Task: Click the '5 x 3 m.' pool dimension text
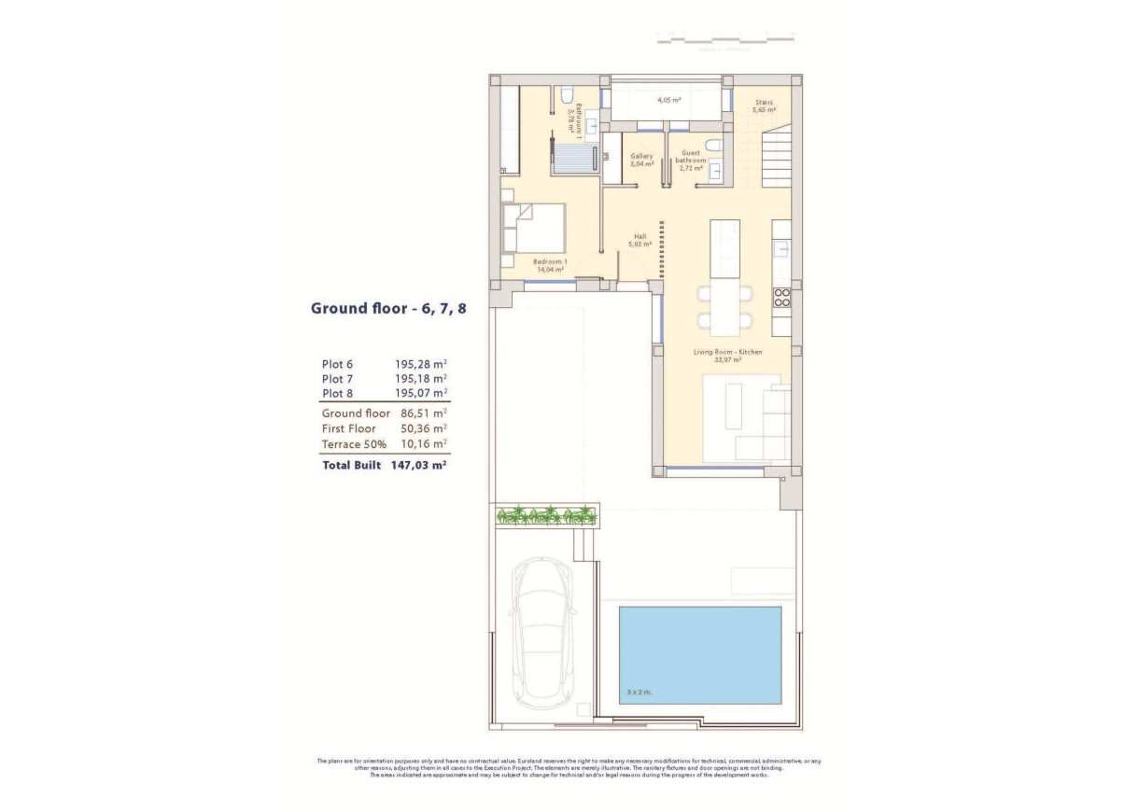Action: point(640,692)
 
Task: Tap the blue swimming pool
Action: point(699,654)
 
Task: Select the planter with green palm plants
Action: point(547,514)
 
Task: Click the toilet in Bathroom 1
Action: point(567,95)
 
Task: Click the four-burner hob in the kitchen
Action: point(782,298)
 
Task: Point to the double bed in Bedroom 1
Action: point(535,228)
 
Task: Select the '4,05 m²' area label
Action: point(668,100)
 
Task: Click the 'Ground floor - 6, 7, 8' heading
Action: point(387,308)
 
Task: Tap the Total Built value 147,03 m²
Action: point(416,465)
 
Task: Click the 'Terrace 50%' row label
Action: point(354,444)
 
